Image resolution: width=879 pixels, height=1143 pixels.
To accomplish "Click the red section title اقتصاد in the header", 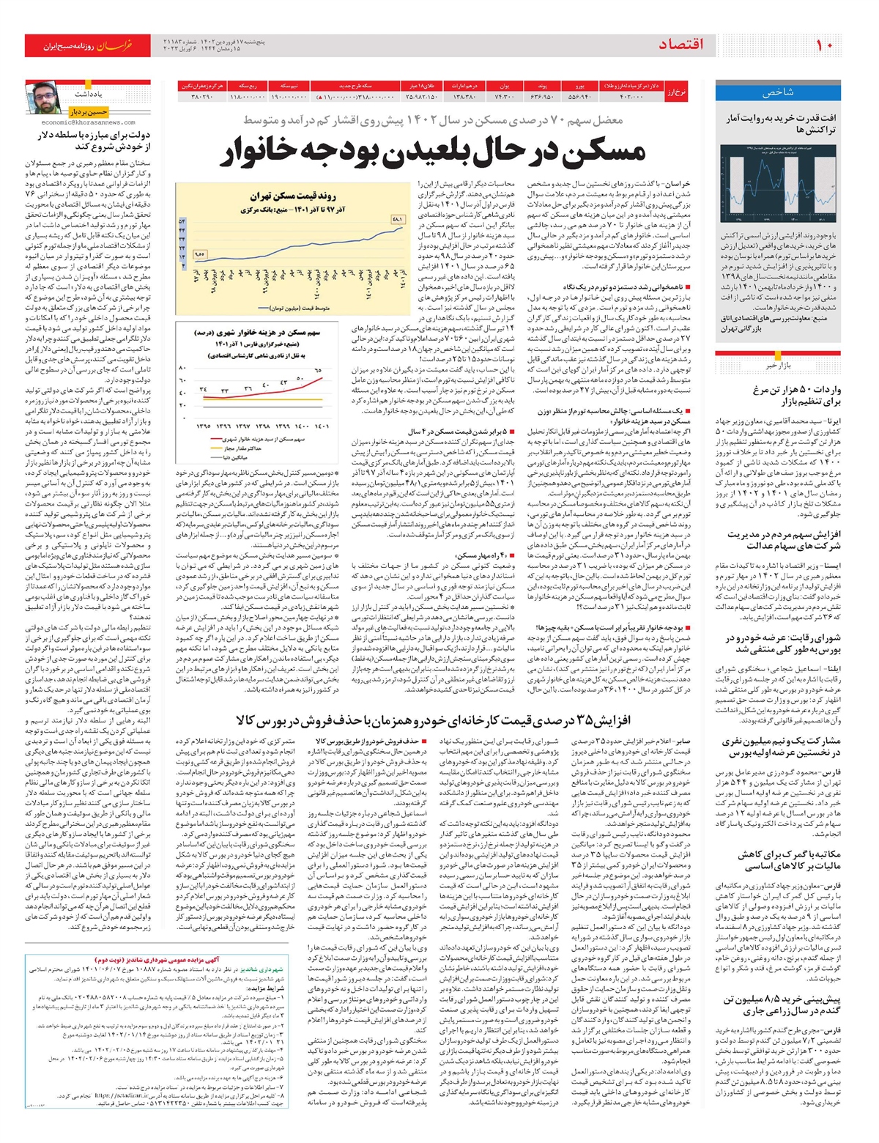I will [x=680, y=45].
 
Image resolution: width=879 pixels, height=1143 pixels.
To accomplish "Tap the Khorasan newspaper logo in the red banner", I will [x=114, y=46].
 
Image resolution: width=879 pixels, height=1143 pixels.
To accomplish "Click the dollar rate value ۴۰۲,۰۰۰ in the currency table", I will [x=631, y=97].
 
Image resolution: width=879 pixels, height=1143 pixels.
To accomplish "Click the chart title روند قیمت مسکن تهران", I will [x=293, y=196].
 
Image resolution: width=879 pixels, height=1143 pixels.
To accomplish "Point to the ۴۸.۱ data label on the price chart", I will [x=398, y=219].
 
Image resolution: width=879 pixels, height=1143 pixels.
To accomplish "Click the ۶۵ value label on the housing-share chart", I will [x=318, y=371].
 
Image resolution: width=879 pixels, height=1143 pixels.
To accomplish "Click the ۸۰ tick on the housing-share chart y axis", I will [x=182, y=369].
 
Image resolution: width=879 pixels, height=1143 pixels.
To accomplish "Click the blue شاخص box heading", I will [x=778, y=92].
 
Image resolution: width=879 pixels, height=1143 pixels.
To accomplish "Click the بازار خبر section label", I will [x=779, y=364].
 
